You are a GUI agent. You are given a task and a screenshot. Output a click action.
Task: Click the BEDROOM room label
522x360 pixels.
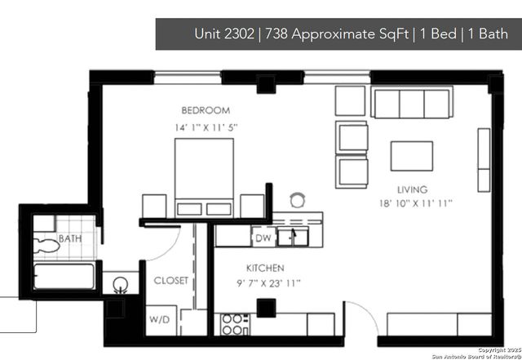click(x=206, y=110)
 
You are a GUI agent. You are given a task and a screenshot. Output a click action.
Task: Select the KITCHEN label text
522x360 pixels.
click(x=265, y=268)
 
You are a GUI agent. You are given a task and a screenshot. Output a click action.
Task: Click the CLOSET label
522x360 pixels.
click(x=171, y=281)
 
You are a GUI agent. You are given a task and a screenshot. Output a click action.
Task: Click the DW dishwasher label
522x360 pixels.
click(x=263, y=238)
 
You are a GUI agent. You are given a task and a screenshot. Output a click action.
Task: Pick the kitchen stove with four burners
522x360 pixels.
click(x=234, y=324)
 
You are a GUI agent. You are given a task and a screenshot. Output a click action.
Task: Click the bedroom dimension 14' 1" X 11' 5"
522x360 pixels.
click(x=206, y=127)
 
